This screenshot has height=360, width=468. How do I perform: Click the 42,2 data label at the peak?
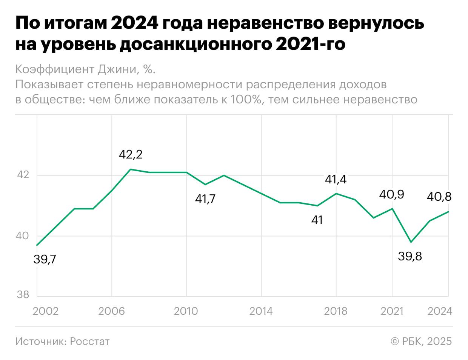point(131,154)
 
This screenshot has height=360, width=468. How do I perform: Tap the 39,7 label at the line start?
point(45,260)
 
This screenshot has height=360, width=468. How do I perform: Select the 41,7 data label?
point(205,199)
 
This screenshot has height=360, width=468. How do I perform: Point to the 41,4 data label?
point(336,179)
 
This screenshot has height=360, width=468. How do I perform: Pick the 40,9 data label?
point(392,194)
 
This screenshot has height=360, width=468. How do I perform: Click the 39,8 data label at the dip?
point(410,257)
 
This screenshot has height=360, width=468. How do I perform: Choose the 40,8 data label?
point(439,197)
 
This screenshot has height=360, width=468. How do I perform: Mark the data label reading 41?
point(317,220)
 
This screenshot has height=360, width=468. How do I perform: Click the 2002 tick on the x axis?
point(46,311)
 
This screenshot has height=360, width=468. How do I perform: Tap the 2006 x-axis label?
point(111,311)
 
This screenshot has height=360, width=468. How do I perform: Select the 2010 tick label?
point(186,311)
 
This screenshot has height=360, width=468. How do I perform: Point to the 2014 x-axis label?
point(261,311)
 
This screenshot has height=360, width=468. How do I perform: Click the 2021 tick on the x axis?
point(392,311)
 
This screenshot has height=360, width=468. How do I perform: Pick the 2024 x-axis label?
point(440,311)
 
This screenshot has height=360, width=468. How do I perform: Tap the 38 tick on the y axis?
point(23,295)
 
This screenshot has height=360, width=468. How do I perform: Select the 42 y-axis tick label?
point(23,175)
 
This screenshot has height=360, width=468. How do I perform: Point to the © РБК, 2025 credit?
point(421,342)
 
